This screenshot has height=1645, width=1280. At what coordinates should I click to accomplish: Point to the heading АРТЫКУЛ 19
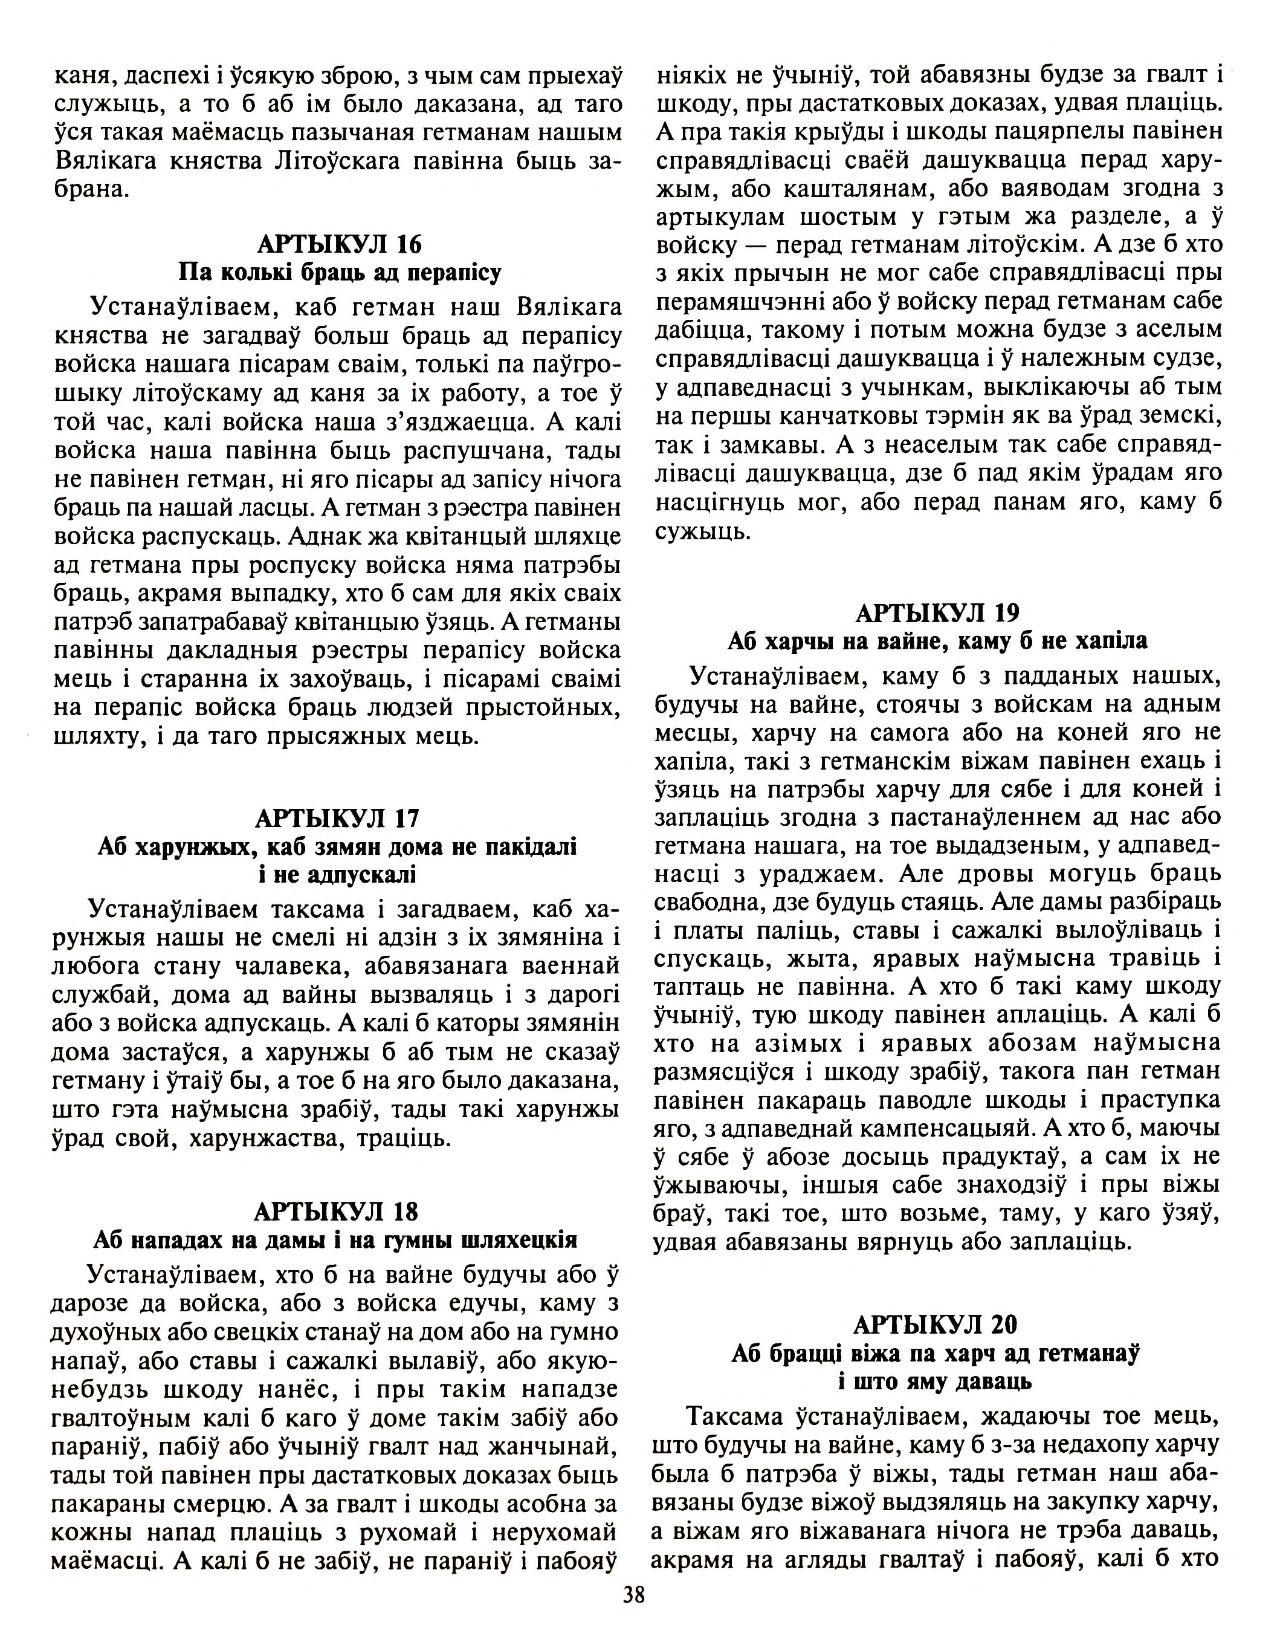pos(937,613)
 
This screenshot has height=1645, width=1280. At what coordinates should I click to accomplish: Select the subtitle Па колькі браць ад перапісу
pos(340,273)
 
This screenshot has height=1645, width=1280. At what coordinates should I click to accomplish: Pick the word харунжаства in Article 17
pos(261,1138)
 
